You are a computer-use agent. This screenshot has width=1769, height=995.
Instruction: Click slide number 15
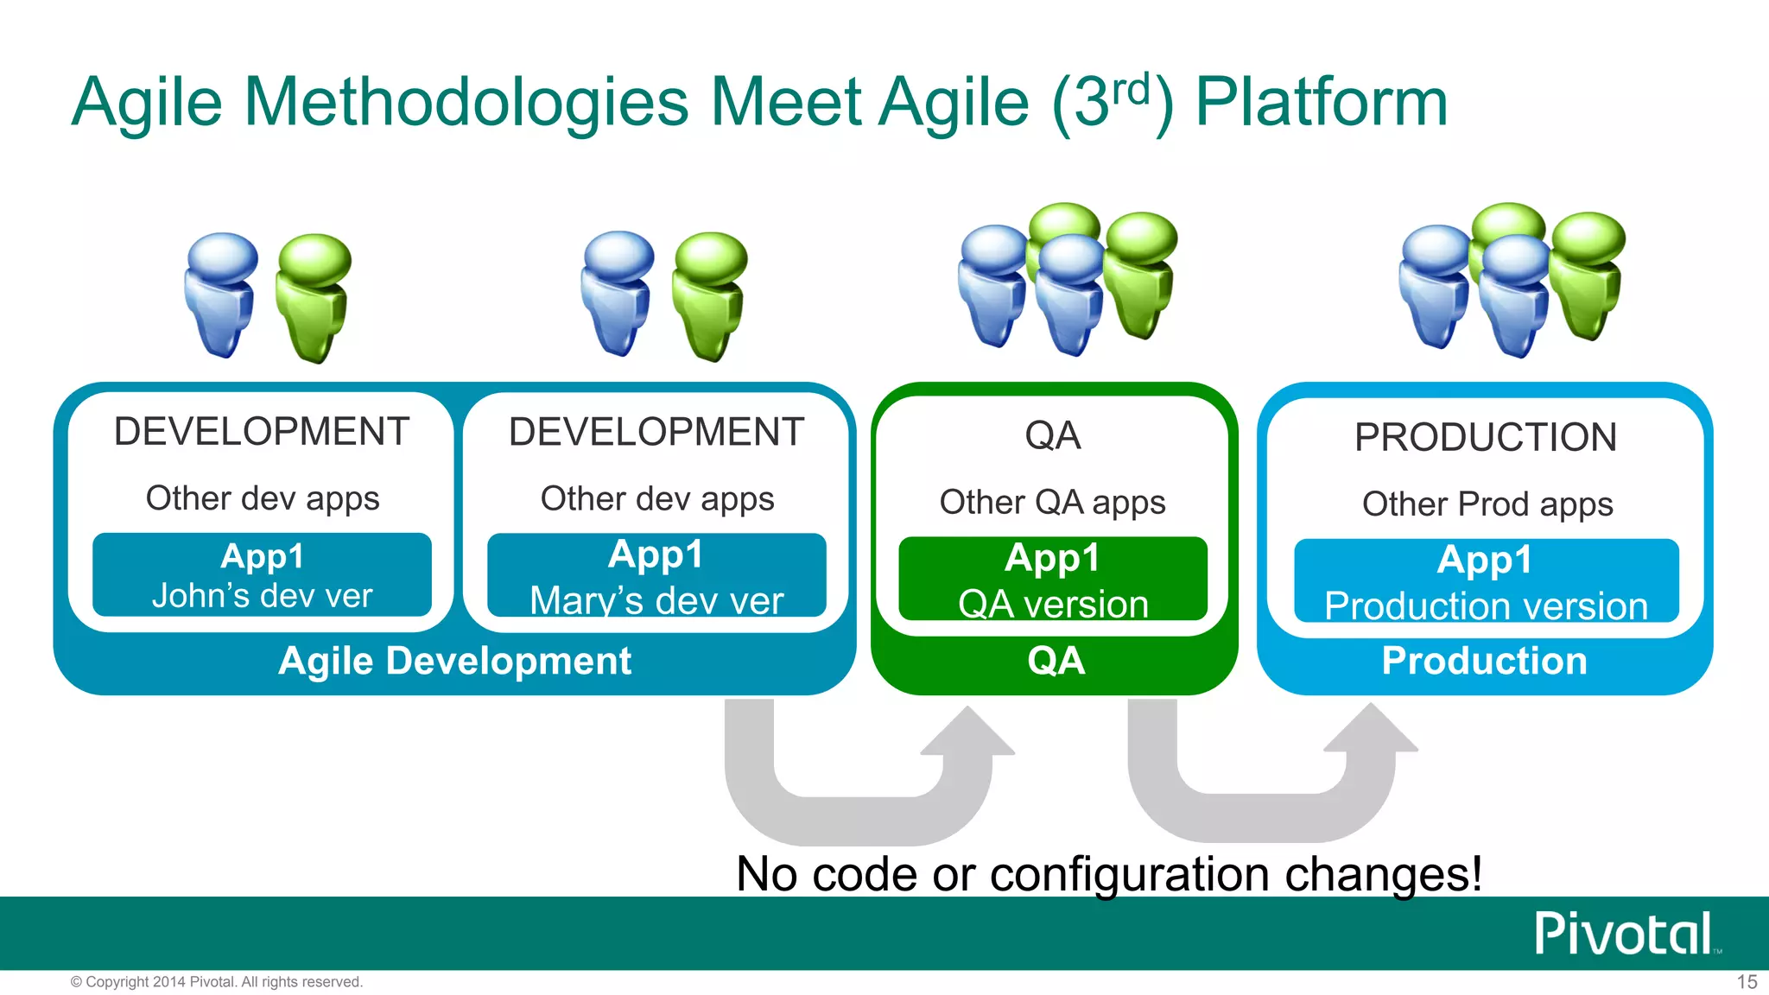(1747, 982)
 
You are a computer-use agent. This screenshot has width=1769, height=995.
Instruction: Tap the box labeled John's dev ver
(262, 575)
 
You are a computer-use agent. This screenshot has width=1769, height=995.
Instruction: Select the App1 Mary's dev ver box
(656, 576)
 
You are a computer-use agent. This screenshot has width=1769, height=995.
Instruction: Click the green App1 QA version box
(1053, 580)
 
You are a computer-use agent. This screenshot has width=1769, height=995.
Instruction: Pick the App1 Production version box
(1486, 581)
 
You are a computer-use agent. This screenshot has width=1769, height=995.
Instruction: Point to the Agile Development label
(455, 662)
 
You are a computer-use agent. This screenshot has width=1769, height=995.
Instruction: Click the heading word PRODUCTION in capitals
(1485, 437)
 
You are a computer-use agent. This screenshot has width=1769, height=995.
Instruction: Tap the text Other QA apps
(1052, 503)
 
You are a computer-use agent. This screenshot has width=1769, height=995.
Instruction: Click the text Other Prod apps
(1487, 504)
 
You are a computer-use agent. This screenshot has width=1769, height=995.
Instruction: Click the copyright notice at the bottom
(217, 982)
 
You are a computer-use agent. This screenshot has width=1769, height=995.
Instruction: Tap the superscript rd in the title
(1131, 89)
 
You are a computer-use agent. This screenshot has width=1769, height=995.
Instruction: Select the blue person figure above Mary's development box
(618, 292)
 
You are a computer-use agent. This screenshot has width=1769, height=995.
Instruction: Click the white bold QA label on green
(1056, 662)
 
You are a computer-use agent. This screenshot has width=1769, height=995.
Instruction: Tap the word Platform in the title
(1321, 103)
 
